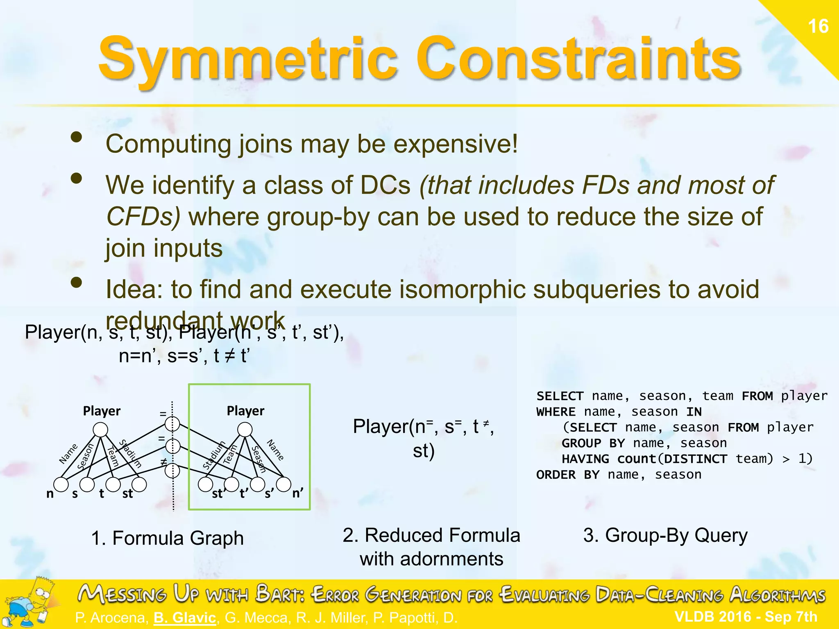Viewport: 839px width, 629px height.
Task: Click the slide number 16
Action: (x=818, y=27)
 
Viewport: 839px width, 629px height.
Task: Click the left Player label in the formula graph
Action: (x=102, y=411)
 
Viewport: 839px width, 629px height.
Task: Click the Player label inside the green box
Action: (x=245, y=411)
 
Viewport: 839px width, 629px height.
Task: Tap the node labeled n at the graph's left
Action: (x=61, y=485)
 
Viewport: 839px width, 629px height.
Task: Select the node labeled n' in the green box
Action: (x=283, y=484)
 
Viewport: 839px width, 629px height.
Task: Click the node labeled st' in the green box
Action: (x=205, y=484)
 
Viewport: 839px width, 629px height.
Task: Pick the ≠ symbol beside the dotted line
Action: (x=163, y=462)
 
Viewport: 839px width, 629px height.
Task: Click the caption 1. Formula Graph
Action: (x=167, y=538)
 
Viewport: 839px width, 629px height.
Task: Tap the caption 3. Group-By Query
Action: (x=665, y=535)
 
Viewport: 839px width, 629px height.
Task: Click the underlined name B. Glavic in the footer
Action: (x=185, y=618)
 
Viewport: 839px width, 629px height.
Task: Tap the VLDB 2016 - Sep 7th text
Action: (x=746, y=617)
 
